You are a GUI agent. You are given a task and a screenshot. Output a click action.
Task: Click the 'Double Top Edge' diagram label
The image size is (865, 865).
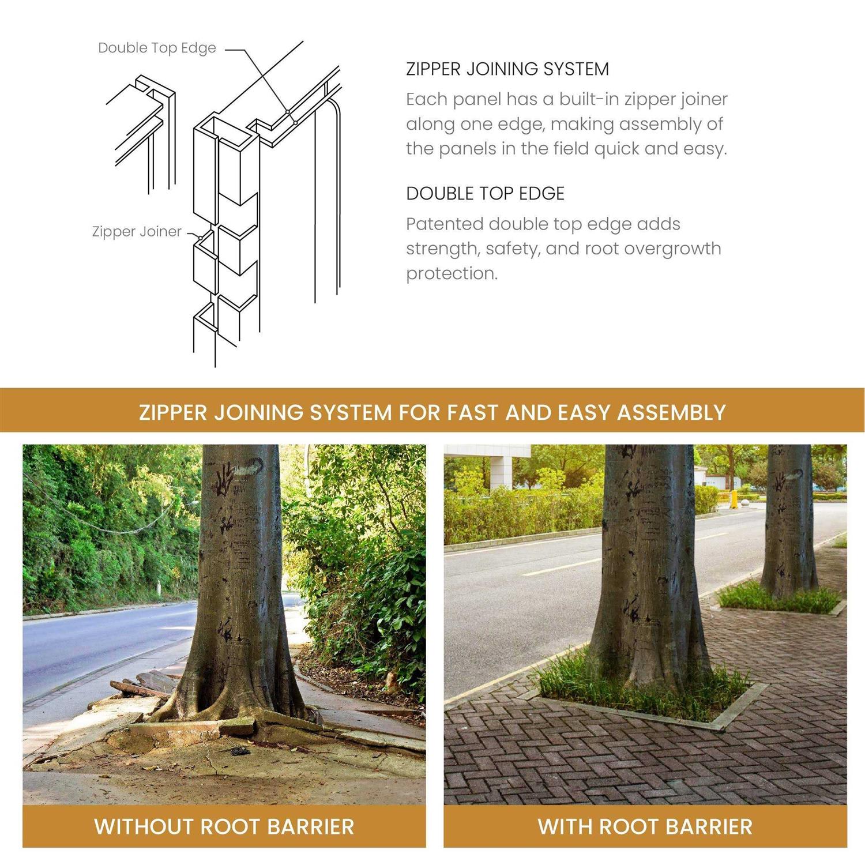click(157, 48)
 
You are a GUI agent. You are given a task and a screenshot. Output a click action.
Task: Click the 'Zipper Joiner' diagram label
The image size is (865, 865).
click(137, 232)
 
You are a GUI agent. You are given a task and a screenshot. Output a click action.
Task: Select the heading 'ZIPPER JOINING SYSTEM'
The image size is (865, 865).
click(507, 69)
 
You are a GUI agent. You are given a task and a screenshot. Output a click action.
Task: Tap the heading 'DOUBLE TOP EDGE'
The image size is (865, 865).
click(485, 194)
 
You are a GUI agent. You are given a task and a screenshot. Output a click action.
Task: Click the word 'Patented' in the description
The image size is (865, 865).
click(445, 224)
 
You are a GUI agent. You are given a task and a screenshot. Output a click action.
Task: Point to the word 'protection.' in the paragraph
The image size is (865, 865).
click(452, 273)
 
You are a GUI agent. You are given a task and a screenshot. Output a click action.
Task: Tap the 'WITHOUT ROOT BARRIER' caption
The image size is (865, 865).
click(224, 826)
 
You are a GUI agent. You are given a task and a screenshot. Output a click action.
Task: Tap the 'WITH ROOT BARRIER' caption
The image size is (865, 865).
click(645, 826)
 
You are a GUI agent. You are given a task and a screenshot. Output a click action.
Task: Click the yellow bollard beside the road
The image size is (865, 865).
click(734, 499)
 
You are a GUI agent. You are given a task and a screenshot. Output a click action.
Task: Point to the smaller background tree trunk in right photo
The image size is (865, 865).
click(789, 519)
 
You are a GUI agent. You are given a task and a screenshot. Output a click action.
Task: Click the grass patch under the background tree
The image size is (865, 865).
click(778, 599)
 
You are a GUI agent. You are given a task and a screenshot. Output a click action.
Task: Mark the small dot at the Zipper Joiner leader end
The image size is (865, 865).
click(200, 237)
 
